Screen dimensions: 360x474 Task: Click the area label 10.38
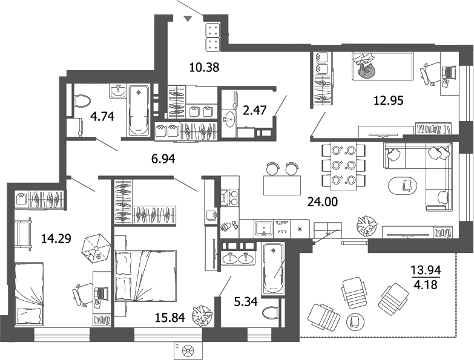coord(203,68)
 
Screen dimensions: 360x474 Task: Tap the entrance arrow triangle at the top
coord(188,19)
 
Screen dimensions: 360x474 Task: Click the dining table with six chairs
coord(343,164)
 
